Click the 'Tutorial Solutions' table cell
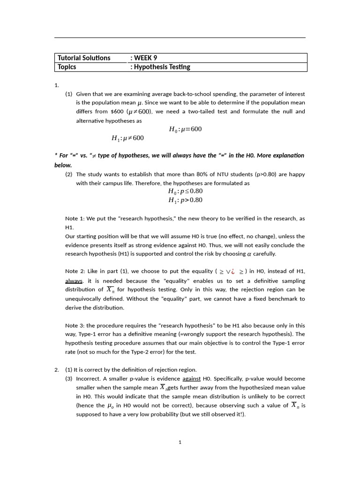tap(84, 58)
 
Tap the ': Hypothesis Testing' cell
tap(160, 67)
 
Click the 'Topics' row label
tap(67, 67)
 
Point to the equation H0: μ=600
tap(185, 129)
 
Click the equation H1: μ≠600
tap(127, 138)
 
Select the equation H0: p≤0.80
tap(185, 191)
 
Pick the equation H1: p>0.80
tap(185, 200)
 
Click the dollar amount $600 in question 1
tap(117, 112)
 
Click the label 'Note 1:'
tap(74, 218)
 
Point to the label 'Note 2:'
tap(74, 271)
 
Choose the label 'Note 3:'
tap(74, 325)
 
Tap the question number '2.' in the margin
tap(57, 370)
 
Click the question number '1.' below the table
tap(57, 85)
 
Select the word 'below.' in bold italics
tap(63, 165)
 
